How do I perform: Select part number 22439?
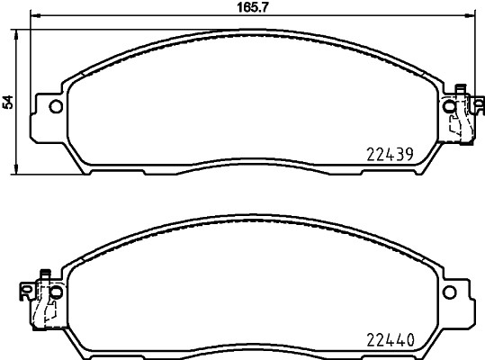point(389,154)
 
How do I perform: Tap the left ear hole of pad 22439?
point(56,108)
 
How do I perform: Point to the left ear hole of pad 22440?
point(56,292)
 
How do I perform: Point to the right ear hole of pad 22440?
point(450,292)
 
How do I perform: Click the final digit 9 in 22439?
point(409,154)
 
